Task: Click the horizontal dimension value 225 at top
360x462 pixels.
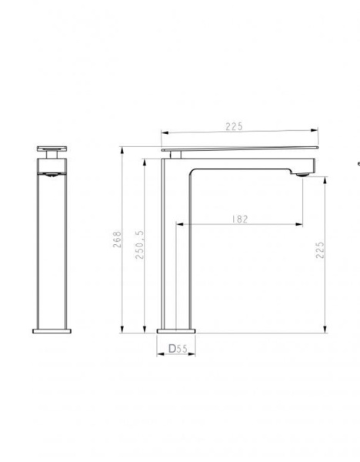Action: (x=235, y=126)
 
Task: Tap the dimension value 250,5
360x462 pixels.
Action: (x=141, y=243)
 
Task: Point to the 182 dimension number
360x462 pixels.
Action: (x=238, y=219)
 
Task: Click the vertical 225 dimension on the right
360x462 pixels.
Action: (x=318, y=250)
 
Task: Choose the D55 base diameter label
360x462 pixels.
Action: (x=178, y=349)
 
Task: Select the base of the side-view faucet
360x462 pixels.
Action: (x=176, y=330)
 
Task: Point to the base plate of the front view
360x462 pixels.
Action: (x=52, y=331)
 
